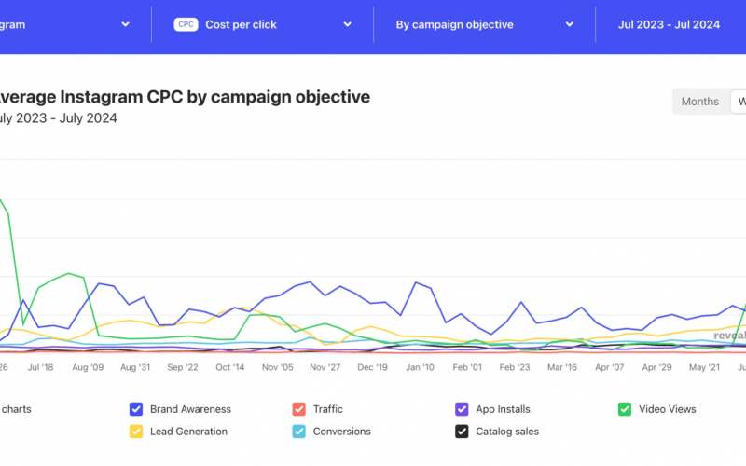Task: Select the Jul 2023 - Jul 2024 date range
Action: [669, 25]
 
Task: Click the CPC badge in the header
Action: [186, 25]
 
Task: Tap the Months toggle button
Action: [699, 102]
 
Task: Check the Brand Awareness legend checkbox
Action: [136, 409]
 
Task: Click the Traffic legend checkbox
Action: [298, 409]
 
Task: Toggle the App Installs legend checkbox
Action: [461, 409]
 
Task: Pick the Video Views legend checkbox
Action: [625, 409]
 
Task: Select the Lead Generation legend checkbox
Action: [136, 432]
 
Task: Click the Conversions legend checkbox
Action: [298, 432]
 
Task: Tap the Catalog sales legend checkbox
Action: [461, 432]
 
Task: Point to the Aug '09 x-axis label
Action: [87, 368]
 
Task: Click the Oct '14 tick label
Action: [230, 368]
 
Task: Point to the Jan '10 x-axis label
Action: [420, 368]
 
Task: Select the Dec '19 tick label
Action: [372, 368]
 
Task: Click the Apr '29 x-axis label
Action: [657, 368]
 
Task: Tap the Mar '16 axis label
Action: [562, 368]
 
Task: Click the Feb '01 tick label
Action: [467, 368]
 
